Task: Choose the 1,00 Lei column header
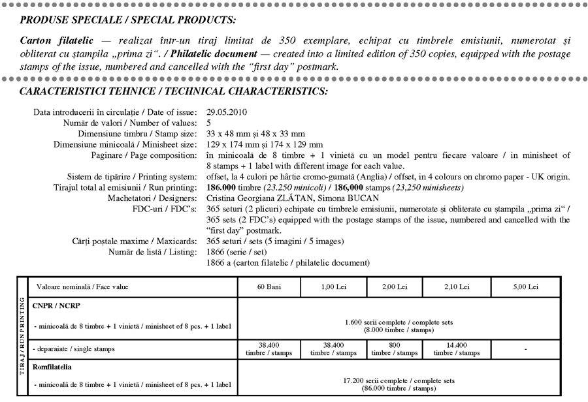(335, 287)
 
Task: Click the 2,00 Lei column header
(395, 287)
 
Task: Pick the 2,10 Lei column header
(455, 287)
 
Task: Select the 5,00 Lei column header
(525, 287)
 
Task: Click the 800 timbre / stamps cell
(395, 348)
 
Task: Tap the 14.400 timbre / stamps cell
(455, 348)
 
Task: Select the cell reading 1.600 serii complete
(398, 325)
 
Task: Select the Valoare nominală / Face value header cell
(73, 287)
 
